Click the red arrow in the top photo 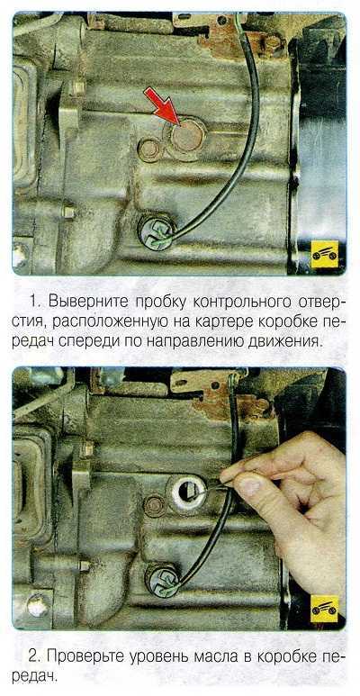(162, 104)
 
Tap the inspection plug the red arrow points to (186, 137)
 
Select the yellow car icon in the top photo (325, 254)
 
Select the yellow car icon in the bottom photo (325, 609)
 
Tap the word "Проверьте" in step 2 (86, 656)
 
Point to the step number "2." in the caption (36, 656)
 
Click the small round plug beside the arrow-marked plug (148, 150)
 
